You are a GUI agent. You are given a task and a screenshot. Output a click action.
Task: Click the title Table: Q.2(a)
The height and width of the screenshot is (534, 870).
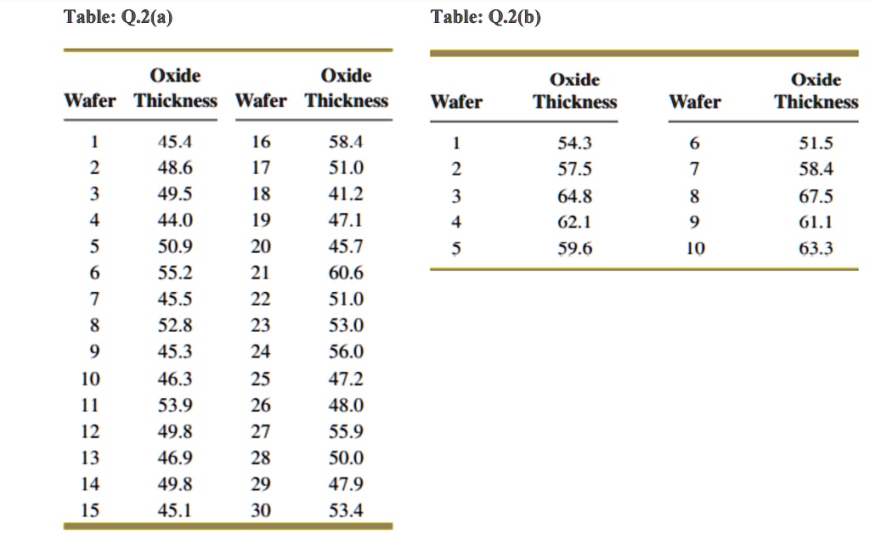[x=118, y=17]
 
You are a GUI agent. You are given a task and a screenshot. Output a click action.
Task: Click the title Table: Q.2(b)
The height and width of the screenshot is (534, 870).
[x=485, y=17]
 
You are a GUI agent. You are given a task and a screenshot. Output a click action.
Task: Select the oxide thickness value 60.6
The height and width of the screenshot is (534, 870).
[x=346, y=273]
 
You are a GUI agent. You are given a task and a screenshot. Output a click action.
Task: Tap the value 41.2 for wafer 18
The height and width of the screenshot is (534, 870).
[x=346, y=194]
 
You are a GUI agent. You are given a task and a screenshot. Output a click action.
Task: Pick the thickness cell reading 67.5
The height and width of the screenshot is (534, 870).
[x=816, y=197]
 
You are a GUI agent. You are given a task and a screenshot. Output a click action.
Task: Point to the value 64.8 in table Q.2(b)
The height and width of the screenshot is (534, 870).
[x=575, y=197]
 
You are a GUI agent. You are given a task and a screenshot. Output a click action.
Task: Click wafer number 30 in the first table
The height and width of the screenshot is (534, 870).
[x=261, y=511]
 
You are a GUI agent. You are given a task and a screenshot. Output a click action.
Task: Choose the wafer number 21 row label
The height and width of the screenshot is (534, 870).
[x=261, y=273]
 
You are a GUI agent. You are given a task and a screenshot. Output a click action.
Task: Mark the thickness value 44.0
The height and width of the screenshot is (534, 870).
[x=176, y=221]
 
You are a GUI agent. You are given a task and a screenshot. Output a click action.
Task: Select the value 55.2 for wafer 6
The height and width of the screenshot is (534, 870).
[x=176, y=273]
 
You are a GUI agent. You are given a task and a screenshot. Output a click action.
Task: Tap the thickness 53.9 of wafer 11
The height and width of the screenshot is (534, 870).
[x=176, y=405]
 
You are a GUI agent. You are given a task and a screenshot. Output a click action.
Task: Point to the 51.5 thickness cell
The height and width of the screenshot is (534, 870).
[x=816, y=143]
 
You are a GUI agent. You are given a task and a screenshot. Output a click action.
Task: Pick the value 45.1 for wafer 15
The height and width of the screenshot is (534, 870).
[x=176, y=511]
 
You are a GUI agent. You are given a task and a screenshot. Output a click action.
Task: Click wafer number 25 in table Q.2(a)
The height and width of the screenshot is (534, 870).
[x=261, y=379]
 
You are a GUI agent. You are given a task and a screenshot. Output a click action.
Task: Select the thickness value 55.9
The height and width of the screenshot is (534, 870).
[x=346, y=431]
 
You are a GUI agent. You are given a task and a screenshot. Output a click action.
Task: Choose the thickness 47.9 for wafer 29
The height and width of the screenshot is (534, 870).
[x=346, y=485]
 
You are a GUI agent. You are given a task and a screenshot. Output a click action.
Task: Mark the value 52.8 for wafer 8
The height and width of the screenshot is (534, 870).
[x=176, y=326]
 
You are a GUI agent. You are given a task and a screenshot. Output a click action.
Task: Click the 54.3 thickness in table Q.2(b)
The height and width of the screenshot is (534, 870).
[x=575, y=143]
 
